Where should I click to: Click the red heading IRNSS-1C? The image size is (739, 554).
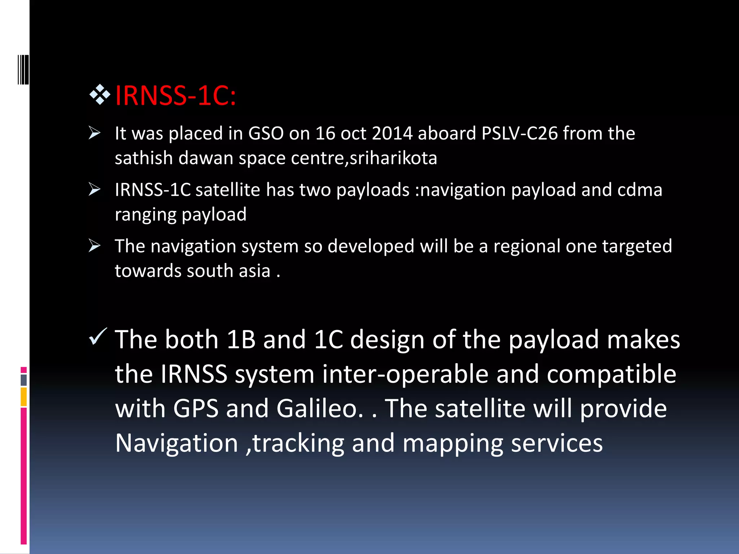tap(175, 96)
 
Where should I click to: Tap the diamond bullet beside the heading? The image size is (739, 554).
tap(100, 94)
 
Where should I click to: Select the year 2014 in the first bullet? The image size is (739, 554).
tap(392, 133)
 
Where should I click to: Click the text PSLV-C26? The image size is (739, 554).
tap(520, 133)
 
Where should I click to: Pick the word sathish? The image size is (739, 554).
tap(144, 158)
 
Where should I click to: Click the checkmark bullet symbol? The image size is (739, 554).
tap(97, 336)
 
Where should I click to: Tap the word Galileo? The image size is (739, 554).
tap(320, 409)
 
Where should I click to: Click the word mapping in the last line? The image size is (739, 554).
tap(453, 443)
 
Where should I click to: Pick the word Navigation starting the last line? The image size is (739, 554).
tap(176, 443)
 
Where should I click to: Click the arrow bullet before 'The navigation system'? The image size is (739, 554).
tap(95, 246)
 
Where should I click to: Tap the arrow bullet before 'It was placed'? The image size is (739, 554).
tap(95, 133)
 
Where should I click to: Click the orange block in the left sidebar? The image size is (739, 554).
tap(24, 397)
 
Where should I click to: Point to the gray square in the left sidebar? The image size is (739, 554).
tap(24, 380)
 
